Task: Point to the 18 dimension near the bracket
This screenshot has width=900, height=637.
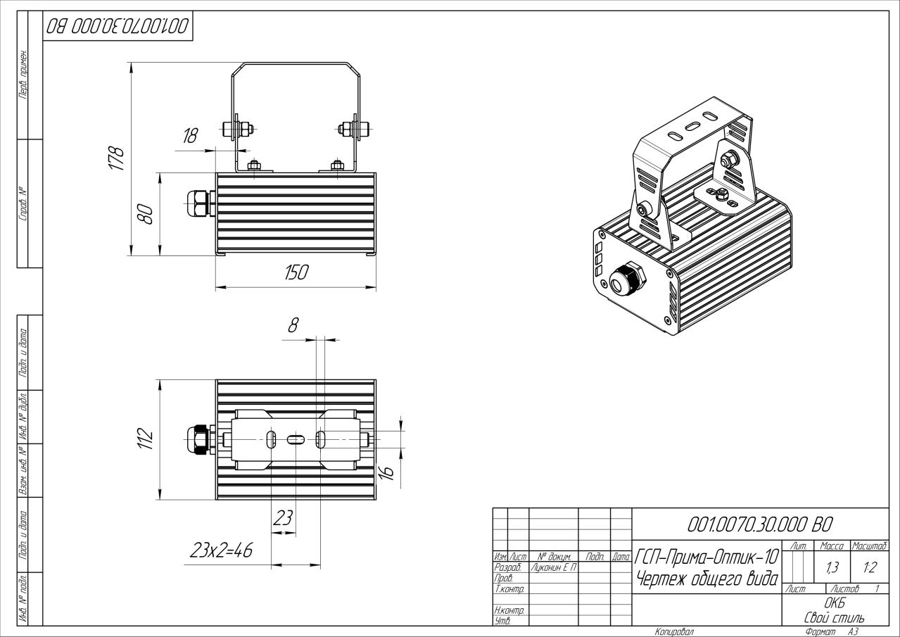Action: pos(190,136)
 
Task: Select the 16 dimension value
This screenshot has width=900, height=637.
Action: pos(387,472)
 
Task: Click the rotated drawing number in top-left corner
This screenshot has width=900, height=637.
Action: pos(118,27)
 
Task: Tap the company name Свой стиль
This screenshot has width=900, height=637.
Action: pos(835,617)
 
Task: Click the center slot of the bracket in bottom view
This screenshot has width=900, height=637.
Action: pos(296,440)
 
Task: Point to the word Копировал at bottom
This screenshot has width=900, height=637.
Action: pos(673,632)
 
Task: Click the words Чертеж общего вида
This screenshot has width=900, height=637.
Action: pos(706,579)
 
